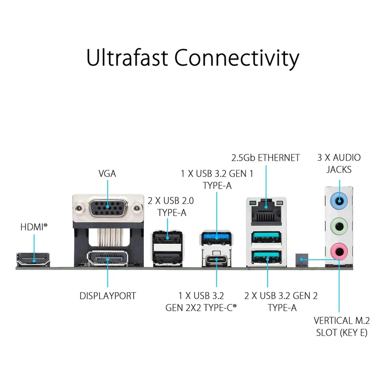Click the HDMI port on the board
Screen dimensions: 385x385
pos(33,260)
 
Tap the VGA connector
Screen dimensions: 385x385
pos(108,208)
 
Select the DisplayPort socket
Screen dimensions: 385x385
pos(107,258)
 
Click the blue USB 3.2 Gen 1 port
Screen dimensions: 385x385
pos(217,237)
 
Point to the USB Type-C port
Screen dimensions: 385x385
pos(216,259)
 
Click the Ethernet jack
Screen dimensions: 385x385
pos(266,211)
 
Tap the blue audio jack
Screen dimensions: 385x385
pos(339,201)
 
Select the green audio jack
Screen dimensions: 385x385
pos(339,226)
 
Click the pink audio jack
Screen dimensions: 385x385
pos(339,251)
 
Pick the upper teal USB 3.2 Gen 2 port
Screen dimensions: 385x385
pos(266,237)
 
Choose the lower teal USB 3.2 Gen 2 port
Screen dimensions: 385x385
pos(266,257)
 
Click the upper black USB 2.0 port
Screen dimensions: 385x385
pos(167,237)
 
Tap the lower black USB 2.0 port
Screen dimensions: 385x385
pos(167,258)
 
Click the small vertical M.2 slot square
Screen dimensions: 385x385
pos(302,260)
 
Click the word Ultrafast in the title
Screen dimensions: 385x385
pos(127,58)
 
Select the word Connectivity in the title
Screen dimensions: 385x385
pos(237,59)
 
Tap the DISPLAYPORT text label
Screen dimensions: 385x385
pos(107,296)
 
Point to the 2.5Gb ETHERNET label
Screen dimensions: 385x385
pos(266,158)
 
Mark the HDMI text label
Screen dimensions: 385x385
pos(34,227)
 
